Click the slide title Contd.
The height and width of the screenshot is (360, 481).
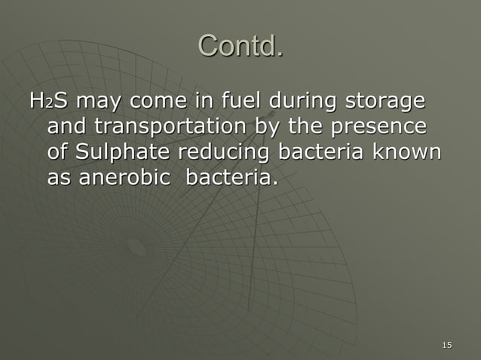point(240,46)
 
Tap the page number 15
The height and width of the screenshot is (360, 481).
point(447,345)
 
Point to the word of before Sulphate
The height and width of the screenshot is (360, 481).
point(57,152)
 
